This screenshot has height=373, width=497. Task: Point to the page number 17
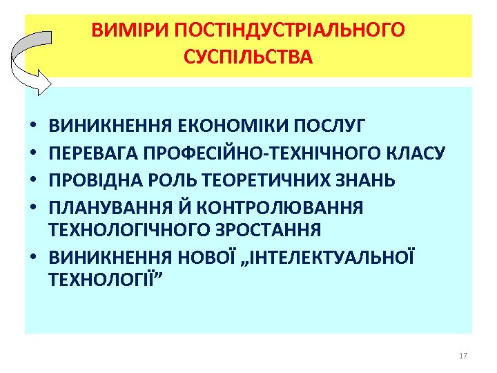coord(462,356)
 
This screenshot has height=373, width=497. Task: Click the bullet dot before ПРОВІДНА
coord(34,181)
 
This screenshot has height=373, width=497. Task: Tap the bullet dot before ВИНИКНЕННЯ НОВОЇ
coord(34,258)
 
